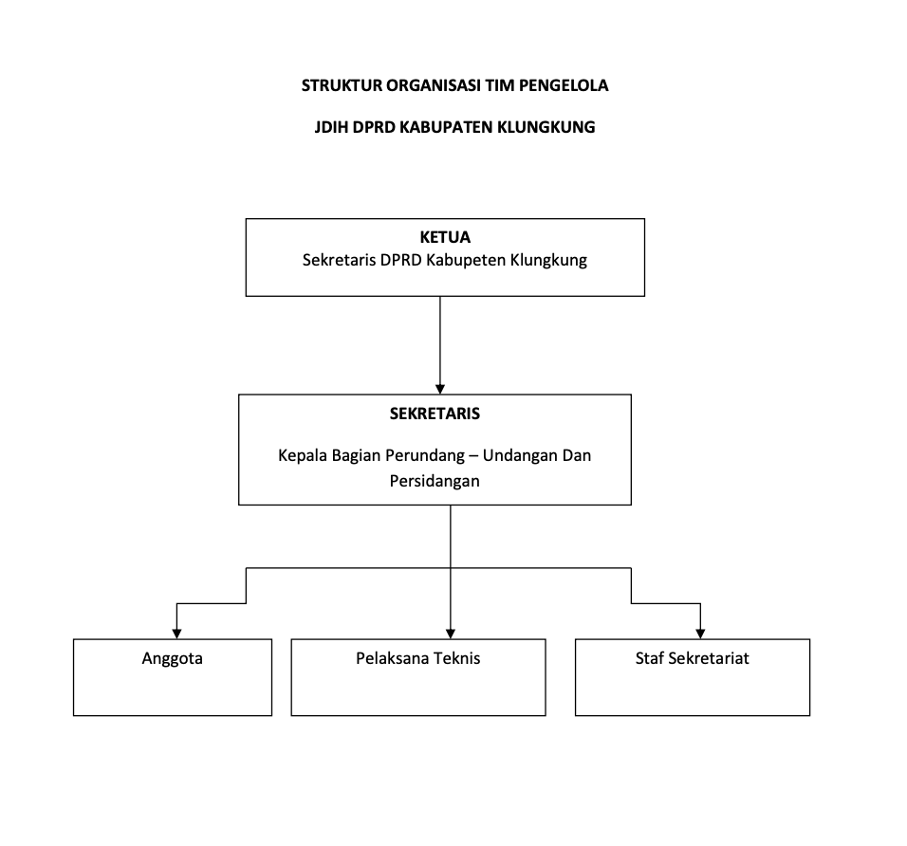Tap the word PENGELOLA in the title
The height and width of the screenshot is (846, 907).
pos(564,85)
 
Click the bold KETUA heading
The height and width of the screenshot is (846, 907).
pos(445,237)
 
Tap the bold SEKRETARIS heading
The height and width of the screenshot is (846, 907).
pos(435,414)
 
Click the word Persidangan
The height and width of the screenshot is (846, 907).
pos(435,481)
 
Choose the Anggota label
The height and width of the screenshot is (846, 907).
pos(173,658)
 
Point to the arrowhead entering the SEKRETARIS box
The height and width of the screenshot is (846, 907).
pos(440,389)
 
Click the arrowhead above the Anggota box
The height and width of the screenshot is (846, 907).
pos(177,634)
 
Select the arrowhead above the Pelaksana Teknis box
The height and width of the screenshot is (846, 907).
pos(451,634)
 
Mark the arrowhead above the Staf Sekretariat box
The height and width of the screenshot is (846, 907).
pos(700,634)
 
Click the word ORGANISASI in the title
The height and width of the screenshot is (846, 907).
pos(434,85)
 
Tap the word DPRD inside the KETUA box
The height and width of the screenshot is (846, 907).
pos(401,260)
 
